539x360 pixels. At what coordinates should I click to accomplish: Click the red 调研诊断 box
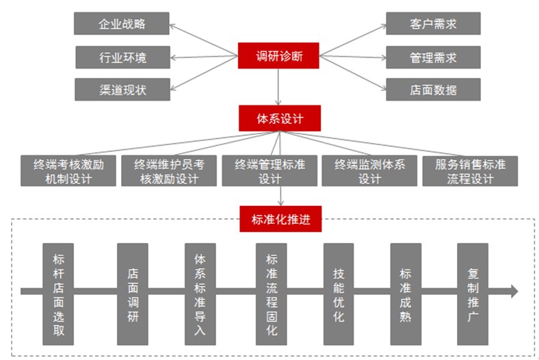click(279, 56)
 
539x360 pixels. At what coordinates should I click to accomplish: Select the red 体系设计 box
click(279, 119)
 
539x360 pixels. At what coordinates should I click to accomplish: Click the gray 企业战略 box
click(121, 24)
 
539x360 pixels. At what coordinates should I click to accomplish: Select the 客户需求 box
click(433, 24)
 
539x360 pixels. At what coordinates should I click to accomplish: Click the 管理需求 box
click(433, 57)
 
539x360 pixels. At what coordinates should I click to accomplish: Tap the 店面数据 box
click(433, 89)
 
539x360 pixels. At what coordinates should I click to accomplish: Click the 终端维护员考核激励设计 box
click(168, 171)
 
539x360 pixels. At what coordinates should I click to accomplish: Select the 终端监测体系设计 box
click(370, 171)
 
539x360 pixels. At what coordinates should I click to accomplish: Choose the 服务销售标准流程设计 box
click(470, 171)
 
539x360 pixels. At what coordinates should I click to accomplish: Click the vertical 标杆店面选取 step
click(58, 294)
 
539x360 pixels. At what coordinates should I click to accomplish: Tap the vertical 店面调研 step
click(133, 294)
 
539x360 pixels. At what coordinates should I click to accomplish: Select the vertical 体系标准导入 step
click(200, 294)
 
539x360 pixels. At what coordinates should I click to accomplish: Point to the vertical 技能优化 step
click(339, 294)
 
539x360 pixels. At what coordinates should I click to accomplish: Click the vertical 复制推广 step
click(473, 294)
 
